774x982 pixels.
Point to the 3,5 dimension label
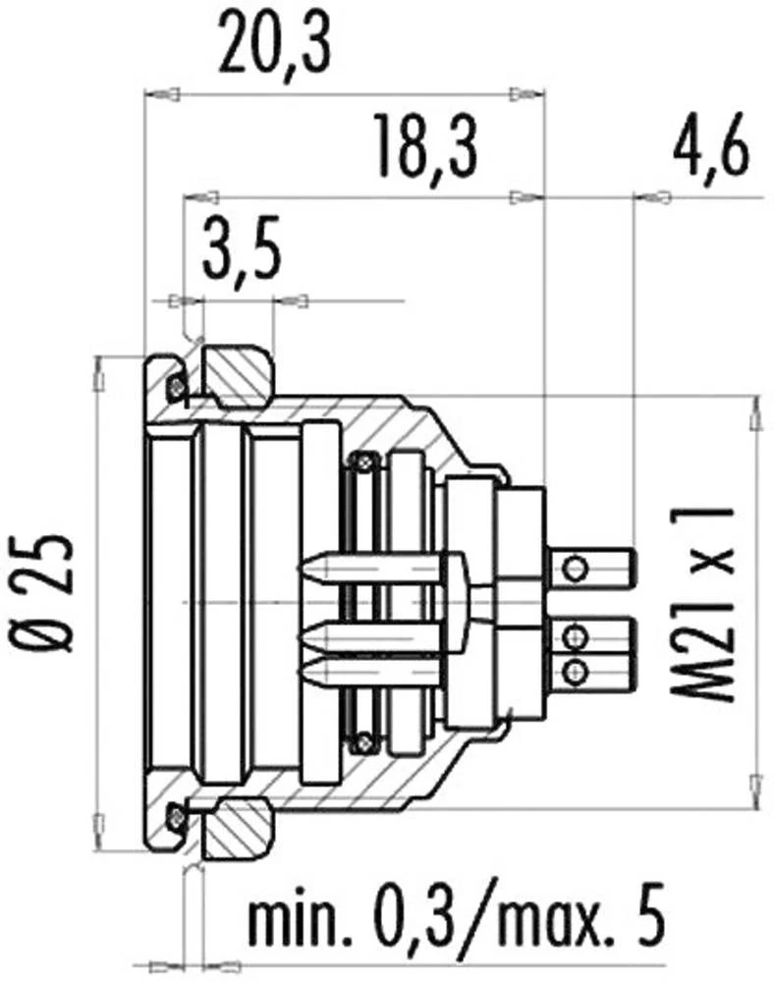(x=242, y=253)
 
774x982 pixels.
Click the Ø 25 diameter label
(x=49, y=593)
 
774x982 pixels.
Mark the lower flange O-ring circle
(x=176, y=812)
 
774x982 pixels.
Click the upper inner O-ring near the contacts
(x=365, y=458)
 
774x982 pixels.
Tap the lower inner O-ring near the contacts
(x=365, y=739)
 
